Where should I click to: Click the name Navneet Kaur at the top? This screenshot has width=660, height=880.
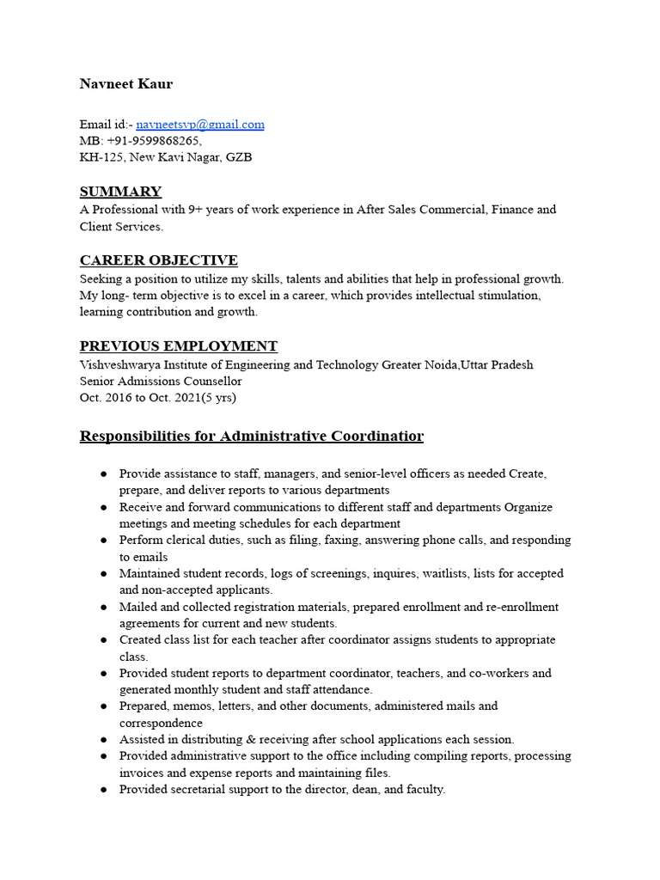[x=126, y=83]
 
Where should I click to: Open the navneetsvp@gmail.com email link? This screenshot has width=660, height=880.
[x=200, y=124]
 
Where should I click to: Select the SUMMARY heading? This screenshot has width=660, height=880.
[x=120, y=192]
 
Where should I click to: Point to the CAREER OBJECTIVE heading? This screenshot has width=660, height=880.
[x=159, y=260]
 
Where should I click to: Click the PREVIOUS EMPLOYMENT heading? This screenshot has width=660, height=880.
[x=179, y=346]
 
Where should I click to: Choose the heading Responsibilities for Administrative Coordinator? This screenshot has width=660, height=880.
[x=252, y=436]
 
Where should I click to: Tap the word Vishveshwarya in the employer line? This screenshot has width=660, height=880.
[x=118, y=364]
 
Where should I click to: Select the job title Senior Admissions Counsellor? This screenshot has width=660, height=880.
[x=161, y=381]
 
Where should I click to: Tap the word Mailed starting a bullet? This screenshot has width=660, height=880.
[x=138, y=607]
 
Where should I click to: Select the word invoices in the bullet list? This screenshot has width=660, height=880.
[x=142, y=773]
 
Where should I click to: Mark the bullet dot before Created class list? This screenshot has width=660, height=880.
[x=103, y=640]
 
